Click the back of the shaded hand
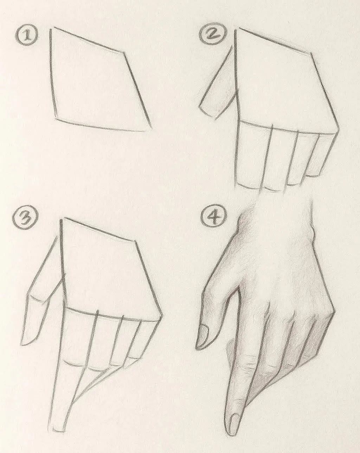[282, 274]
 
